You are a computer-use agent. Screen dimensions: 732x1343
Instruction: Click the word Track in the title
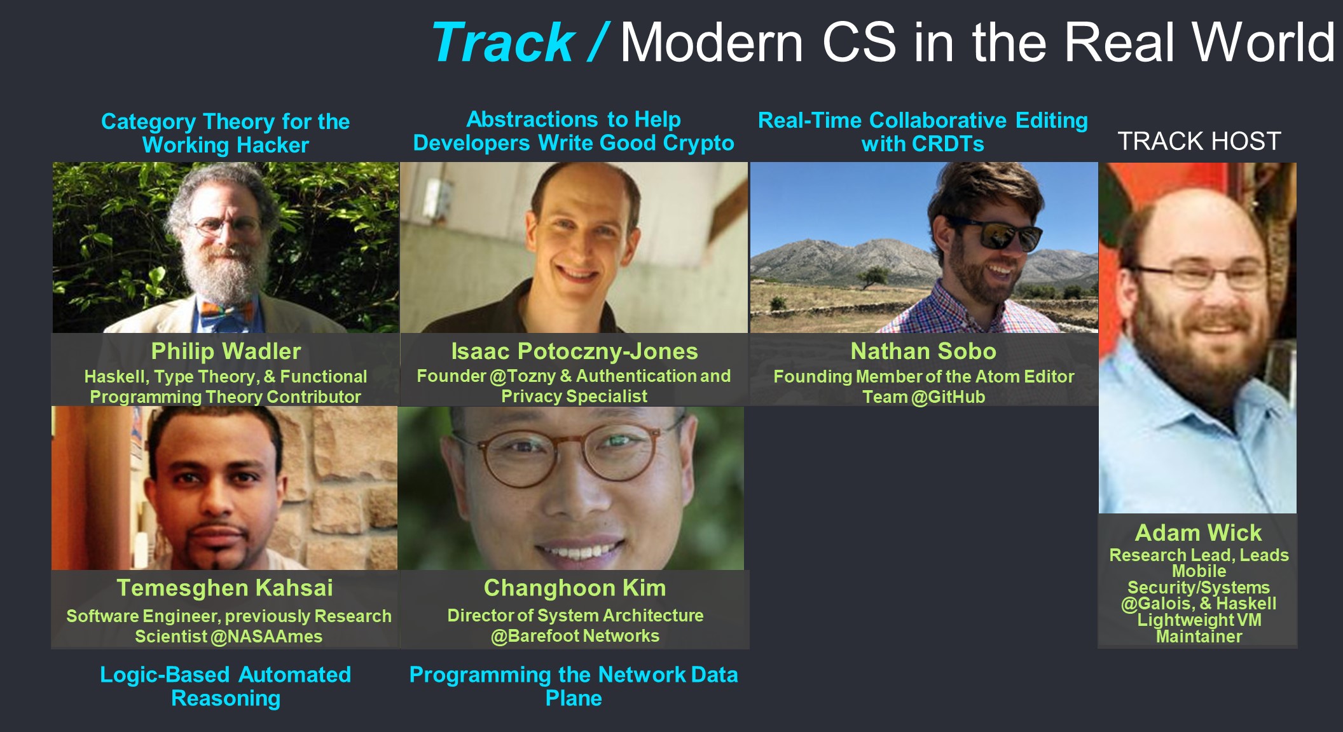tap(502, 43)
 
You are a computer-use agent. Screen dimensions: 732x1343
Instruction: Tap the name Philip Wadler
tap(226, 351)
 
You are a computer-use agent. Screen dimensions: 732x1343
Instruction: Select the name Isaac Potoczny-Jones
tap(574, 351)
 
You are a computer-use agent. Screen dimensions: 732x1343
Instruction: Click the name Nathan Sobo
tap(923, 351)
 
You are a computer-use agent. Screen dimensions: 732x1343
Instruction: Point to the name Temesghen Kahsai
tap(224, 588)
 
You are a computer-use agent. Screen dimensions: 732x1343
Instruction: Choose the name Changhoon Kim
tap(575, 588)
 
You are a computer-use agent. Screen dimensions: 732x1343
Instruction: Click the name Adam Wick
tap(1198, 532)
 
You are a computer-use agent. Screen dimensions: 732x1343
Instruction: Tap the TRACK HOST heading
tap(1199, 141)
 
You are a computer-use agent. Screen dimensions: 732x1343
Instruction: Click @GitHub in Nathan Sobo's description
tap(948, 397)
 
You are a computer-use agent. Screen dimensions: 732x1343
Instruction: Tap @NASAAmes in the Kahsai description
tap(266, 637)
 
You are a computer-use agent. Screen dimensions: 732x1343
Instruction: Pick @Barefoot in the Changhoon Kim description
tap(535, 636)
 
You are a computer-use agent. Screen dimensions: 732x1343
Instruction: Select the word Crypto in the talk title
tap(698, 143)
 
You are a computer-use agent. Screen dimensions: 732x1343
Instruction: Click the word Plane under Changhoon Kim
tap(574, 698)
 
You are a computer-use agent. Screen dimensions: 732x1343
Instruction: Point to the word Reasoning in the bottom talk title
tap(226, 698)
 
